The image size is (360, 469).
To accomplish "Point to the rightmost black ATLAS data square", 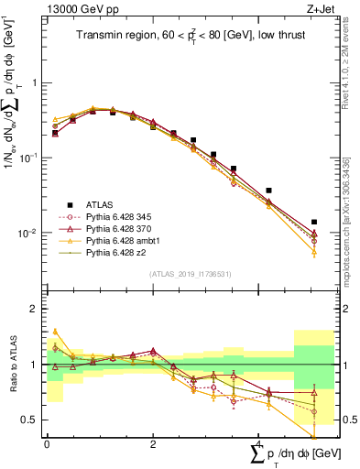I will point(314,222).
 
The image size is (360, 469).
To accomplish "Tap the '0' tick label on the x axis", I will point(47,443).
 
